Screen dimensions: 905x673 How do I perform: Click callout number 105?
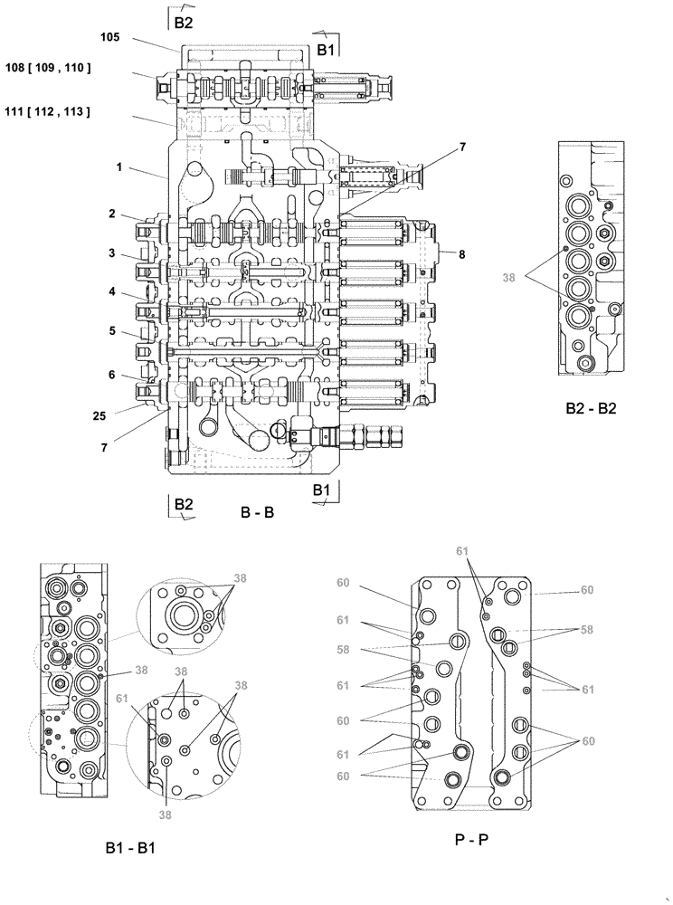110,37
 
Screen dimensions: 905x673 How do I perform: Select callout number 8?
461,255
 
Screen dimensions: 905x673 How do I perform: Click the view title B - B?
257,513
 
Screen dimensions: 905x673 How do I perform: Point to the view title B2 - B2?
591,408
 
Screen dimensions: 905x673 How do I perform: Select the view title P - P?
471,839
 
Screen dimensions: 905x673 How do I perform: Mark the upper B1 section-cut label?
325,51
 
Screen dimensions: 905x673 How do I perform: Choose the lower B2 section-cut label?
184,504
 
